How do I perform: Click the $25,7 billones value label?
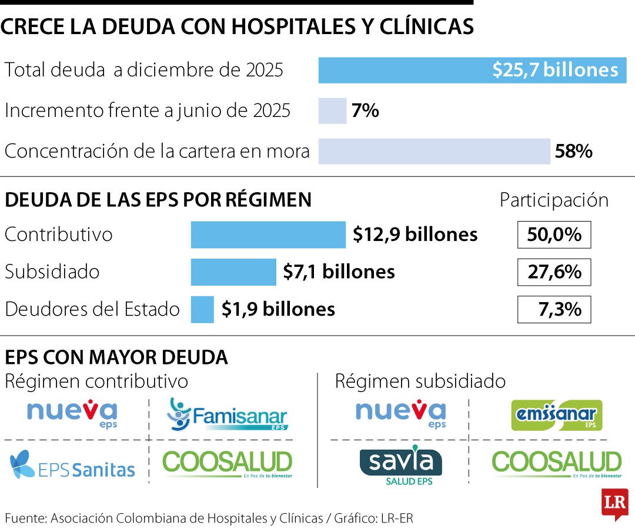(555, 71)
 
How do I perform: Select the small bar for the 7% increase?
(332, 111)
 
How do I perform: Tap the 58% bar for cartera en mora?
(434, 151)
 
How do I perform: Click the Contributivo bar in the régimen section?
(268, 235)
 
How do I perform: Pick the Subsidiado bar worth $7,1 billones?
(233, 272)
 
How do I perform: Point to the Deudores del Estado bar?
(202, 309)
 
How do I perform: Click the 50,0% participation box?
(554, 235)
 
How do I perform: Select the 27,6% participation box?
(554, 272)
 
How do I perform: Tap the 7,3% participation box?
(554, 309)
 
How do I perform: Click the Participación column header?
(554, 200)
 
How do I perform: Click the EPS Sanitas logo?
(72, 464)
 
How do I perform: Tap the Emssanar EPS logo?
(556, 415)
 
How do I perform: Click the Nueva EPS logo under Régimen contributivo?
(72, 413)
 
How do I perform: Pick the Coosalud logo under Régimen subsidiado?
(556, 463)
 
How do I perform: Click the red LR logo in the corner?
(614, 504)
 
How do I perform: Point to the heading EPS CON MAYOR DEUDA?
(116, 357)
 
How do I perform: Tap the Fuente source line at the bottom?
(213, 518)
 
